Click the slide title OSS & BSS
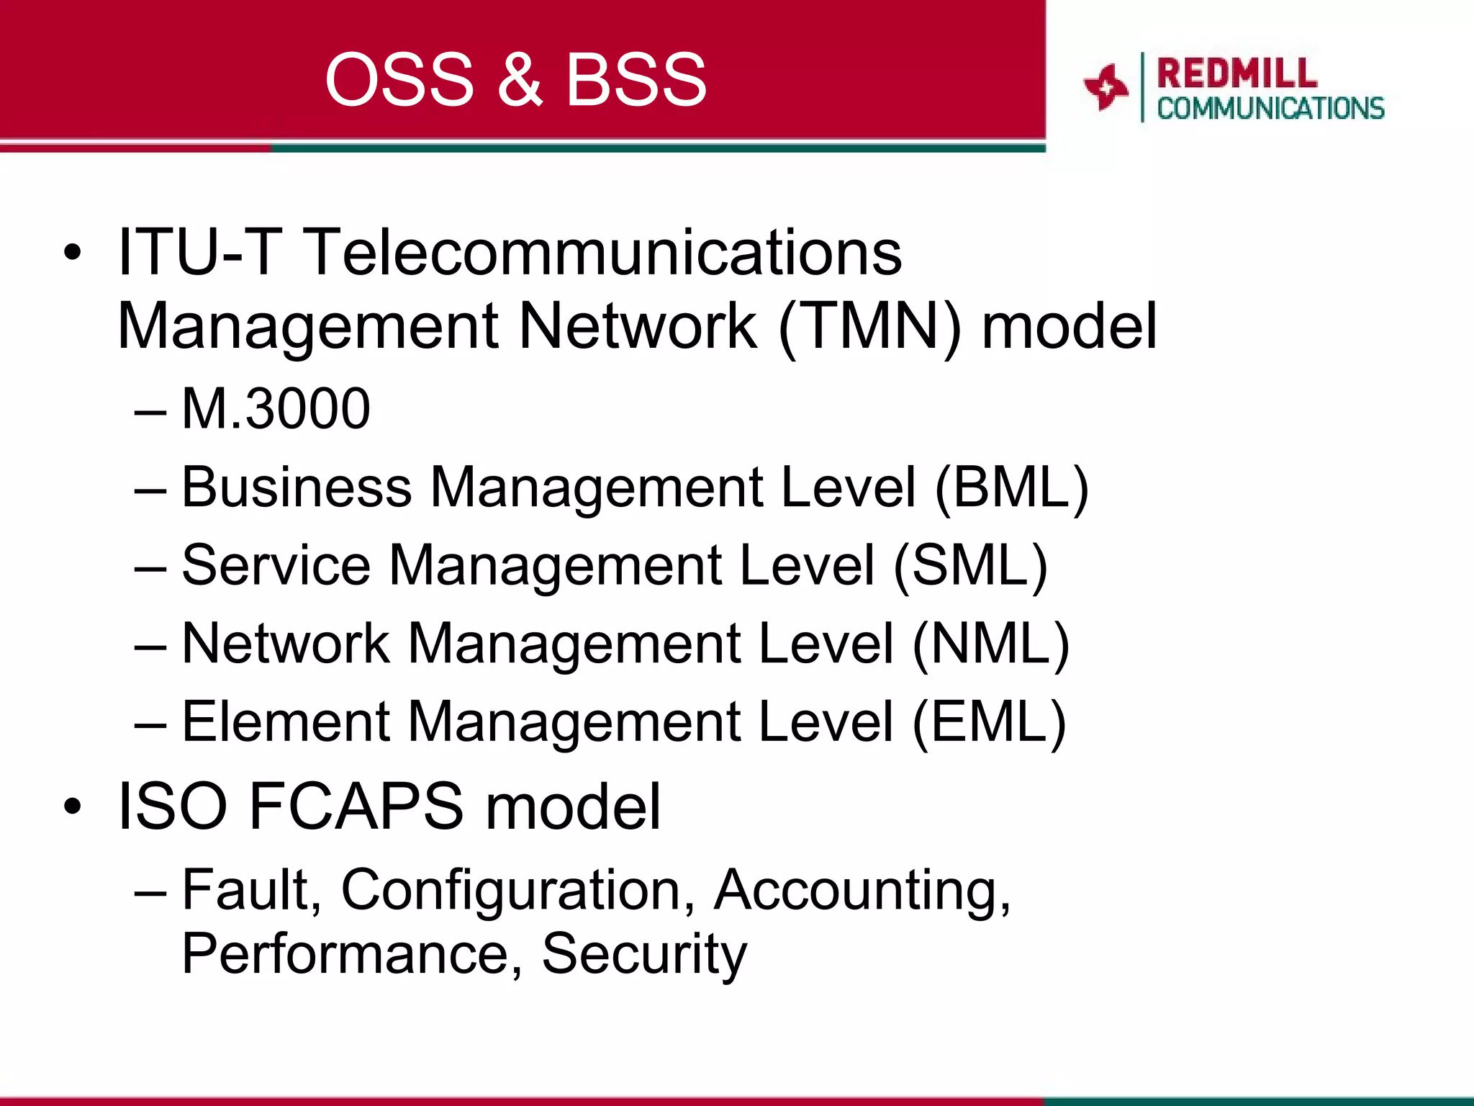(x=515, y=79)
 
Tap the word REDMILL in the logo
(x=1236, y=73)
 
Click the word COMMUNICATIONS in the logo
(x=1270, y=109)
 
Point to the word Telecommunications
(x=603, y=253)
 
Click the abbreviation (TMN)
(x=869, y=326)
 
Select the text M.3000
(x=276, y=409)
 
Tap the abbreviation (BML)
(x=1011, y=487)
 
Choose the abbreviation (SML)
(x=970, y=566)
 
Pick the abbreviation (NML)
(x=990, y=643)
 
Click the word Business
(x=297, y=487)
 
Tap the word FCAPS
(x=356, y=806)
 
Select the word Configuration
(x=511, y=891)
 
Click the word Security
(x=644, y=955)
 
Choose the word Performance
(x=345, y=955)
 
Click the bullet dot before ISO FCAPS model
(x=72, y=807)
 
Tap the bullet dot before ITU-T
(x=72, y=253)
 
